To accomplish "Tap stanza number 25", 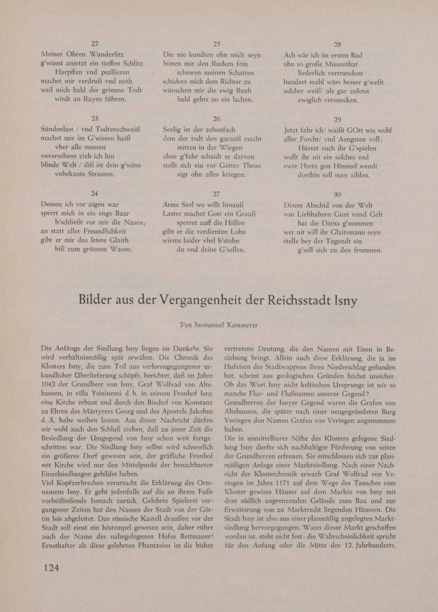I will [216, 45].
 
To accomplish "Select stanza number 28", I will [337, 45].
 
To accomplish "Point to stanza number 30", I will [337, 195].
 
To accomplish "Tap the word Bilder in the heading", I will [96, 300].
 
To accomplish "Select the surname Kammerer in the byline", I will [242, 325].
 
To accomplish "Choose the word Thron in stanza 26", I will [252, 166].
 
